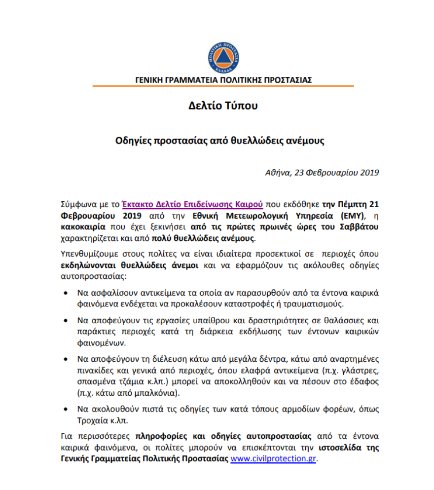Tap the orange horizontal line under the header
223,86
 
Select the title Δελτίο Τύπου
223,106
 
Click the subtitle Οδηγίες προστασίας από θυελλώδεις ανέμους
219,140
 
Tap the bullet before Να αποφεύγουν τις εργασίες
66,321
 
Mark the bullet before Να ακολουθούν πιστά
66,410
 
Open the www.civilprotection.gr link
273,458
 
